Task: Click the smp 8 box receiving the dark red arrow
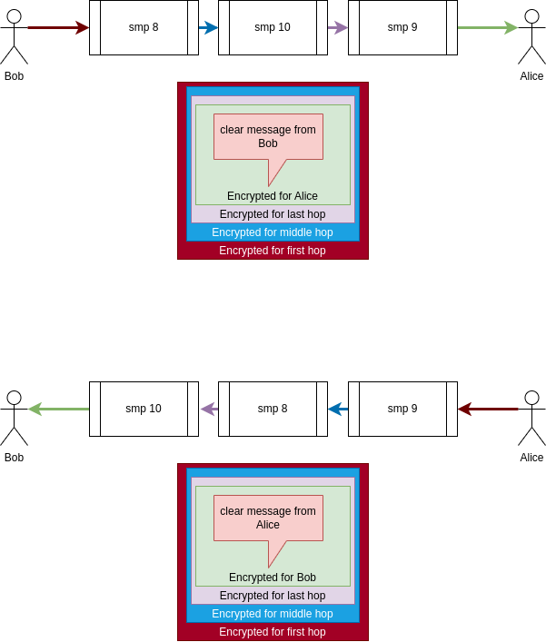click(x=144, y=27)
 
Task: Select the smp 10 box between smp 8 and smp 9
click(x=273, y=27)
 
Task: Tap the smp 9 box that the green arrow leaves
click(x=402, y=27)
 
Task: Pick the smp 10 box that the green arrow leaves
click(x=144, y=409)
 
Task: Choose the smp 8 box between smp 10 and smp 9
click(x=273, y=409)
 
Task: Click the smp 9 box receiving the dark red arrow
click(x=402, y=409)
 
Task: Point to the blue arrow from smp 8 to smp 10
click(x=209, y=27)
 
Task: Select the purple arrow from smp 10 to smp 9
click(x=338, y=27)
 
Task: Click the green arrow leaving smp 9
click(x=488, y=27)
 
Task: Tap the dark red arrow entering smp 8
click(x=58, y=27)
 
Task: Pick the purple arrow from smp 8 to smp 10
click(x=209, y=409)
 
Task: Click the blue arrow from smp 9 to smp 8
click(x=338, y=409)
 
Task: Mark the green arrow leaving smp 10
click(x=58, y=409)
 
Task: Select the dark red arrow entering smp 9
click(x=488, y=409)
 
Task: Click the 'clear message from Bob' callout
click(x=268, y=136)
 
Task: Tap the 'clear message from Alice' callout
click(x=268, y=518)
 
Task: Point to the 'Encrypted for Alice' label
click(x=273, y=196)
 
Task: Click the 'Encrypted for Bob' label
click(x=273, y=578)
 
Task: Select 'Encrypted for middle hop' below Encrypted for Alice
click(x=273, y=232)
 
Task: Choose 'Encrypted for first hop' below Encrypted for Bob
click(x=273, y=632)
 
